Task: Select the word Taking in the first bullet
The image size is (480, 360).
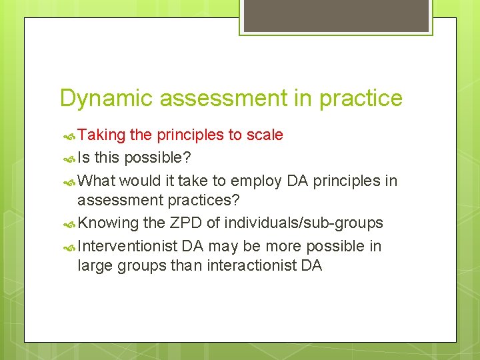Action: pos(101,135)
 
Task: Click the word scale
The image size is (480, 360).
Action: pos(265,135)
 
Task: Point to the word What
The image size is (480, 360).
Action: pos(96,180)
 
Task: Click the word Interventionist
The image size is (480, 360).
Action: pos(127,247)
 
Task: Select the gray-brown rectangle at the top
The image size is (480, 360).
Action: pos(335,15)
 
